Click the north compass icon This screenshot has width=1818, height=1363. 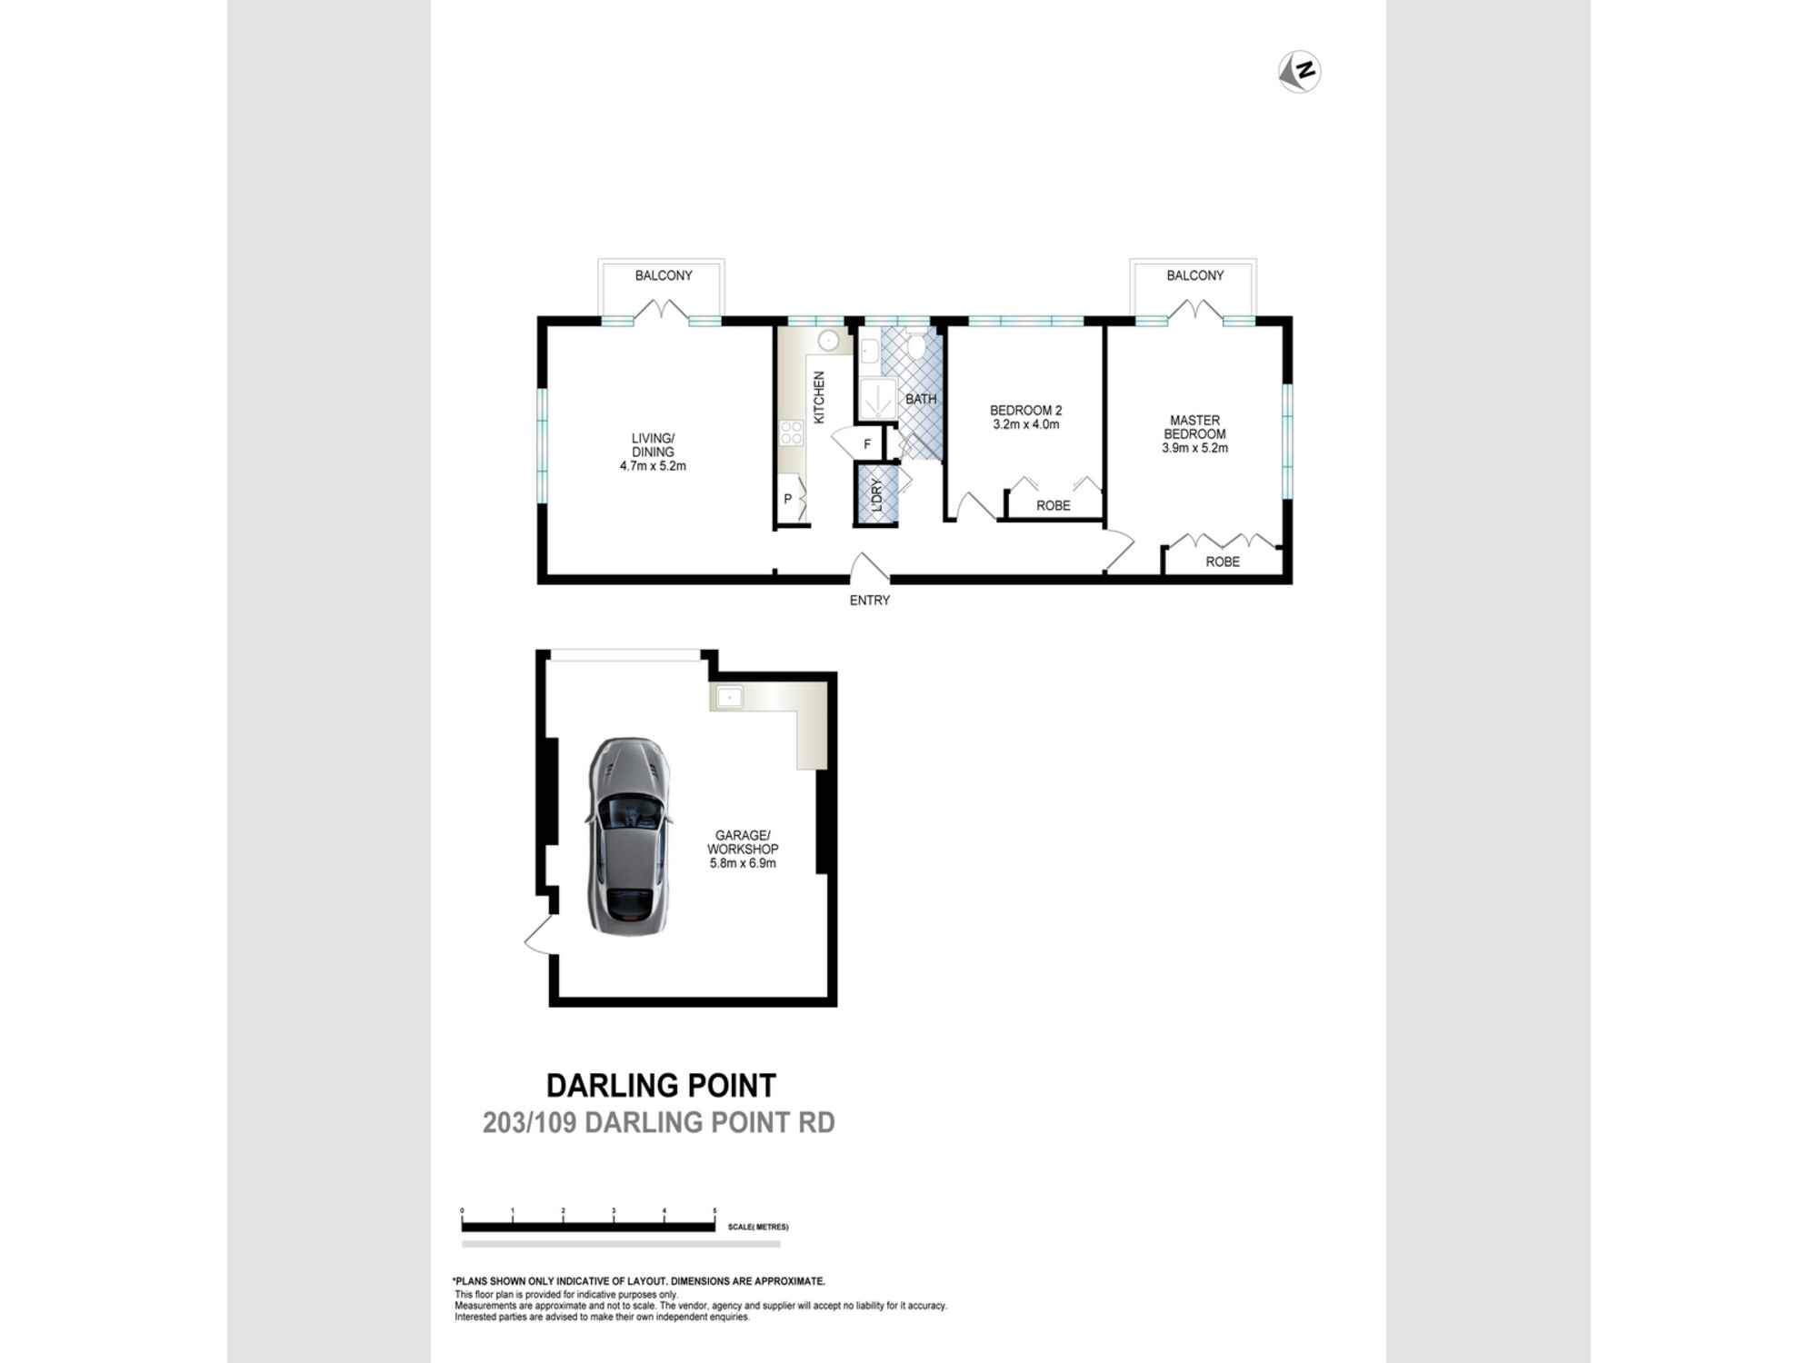click(x=1300, y=72)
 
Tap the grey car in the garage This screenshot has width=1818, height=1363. click(x=630, y=836)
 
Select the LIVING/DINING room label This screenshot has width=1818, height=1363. click(x=653, y=445)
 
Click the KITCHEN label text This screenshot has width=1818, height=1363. click(x=819, y=397)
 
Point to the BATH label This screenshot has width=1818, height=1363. click(x=921, y=399)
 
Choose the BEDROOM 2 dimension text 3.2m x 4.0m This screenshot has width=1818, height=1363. click(x=1026, y=424)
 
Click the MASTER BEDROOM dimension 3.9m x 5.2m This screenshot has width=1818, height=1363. click(x=1195, y=448)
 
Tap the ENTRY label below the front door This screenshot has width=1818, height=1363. click(x=870, y=601)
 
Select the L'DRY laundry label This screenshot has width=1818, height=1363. click(x=877, y=495)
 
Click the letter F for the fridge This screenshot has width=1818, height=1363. click(x=867, y=444)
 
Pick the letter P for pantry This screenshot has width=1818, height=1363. click(x=788, y=499)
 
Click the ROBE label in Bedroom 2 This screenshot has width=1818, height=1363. click(x=1054, y=505)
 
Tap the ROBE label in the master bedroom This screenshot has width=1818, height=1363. click(x=1223, y=562)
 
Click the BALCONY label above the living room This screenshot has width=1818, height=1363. click(x=664, y=275)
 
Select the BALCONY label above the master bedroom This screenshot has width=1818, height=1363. click(x=1195, y=275)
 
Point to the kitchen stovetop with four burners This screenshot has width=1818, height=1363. click(x=791, y=433)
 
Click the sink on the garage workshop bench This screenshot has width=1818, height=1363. click(x=730, y=698)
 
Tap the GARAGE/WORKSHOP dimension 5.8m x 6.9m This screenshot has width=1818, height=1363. click(x=744, y=863)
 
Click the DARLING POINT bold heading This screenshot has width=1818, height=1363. click(x=661, y=1086)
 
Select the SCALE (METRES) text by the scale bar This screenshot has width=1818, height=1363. click(x=758, y=1227)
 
